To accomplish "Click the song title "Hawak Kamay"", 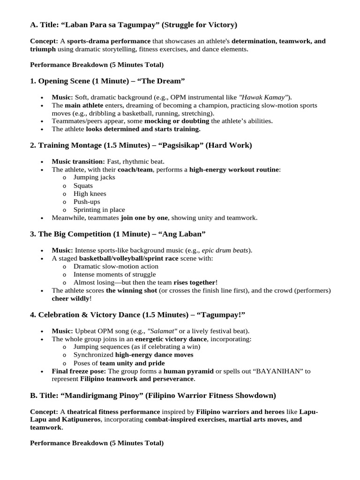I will click(x=262, y=97).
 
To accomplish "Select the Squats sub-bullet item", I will click(x=83, y=186).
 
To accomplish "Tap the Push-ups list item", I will click(x=87, y=202).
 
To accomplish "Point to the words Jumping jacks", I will click(x=94, y=177).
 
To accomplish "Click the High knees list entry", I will click(x=90, y=194).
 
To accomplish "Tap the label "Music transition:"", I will click(x=78, y=161).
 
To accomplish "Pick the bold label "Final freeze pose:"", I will click(x=79, y=371).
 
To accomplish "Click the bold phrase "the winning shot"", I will click(x=131, y=291).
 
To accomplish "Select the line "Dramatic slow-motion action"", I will click(x=116, y=266).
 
